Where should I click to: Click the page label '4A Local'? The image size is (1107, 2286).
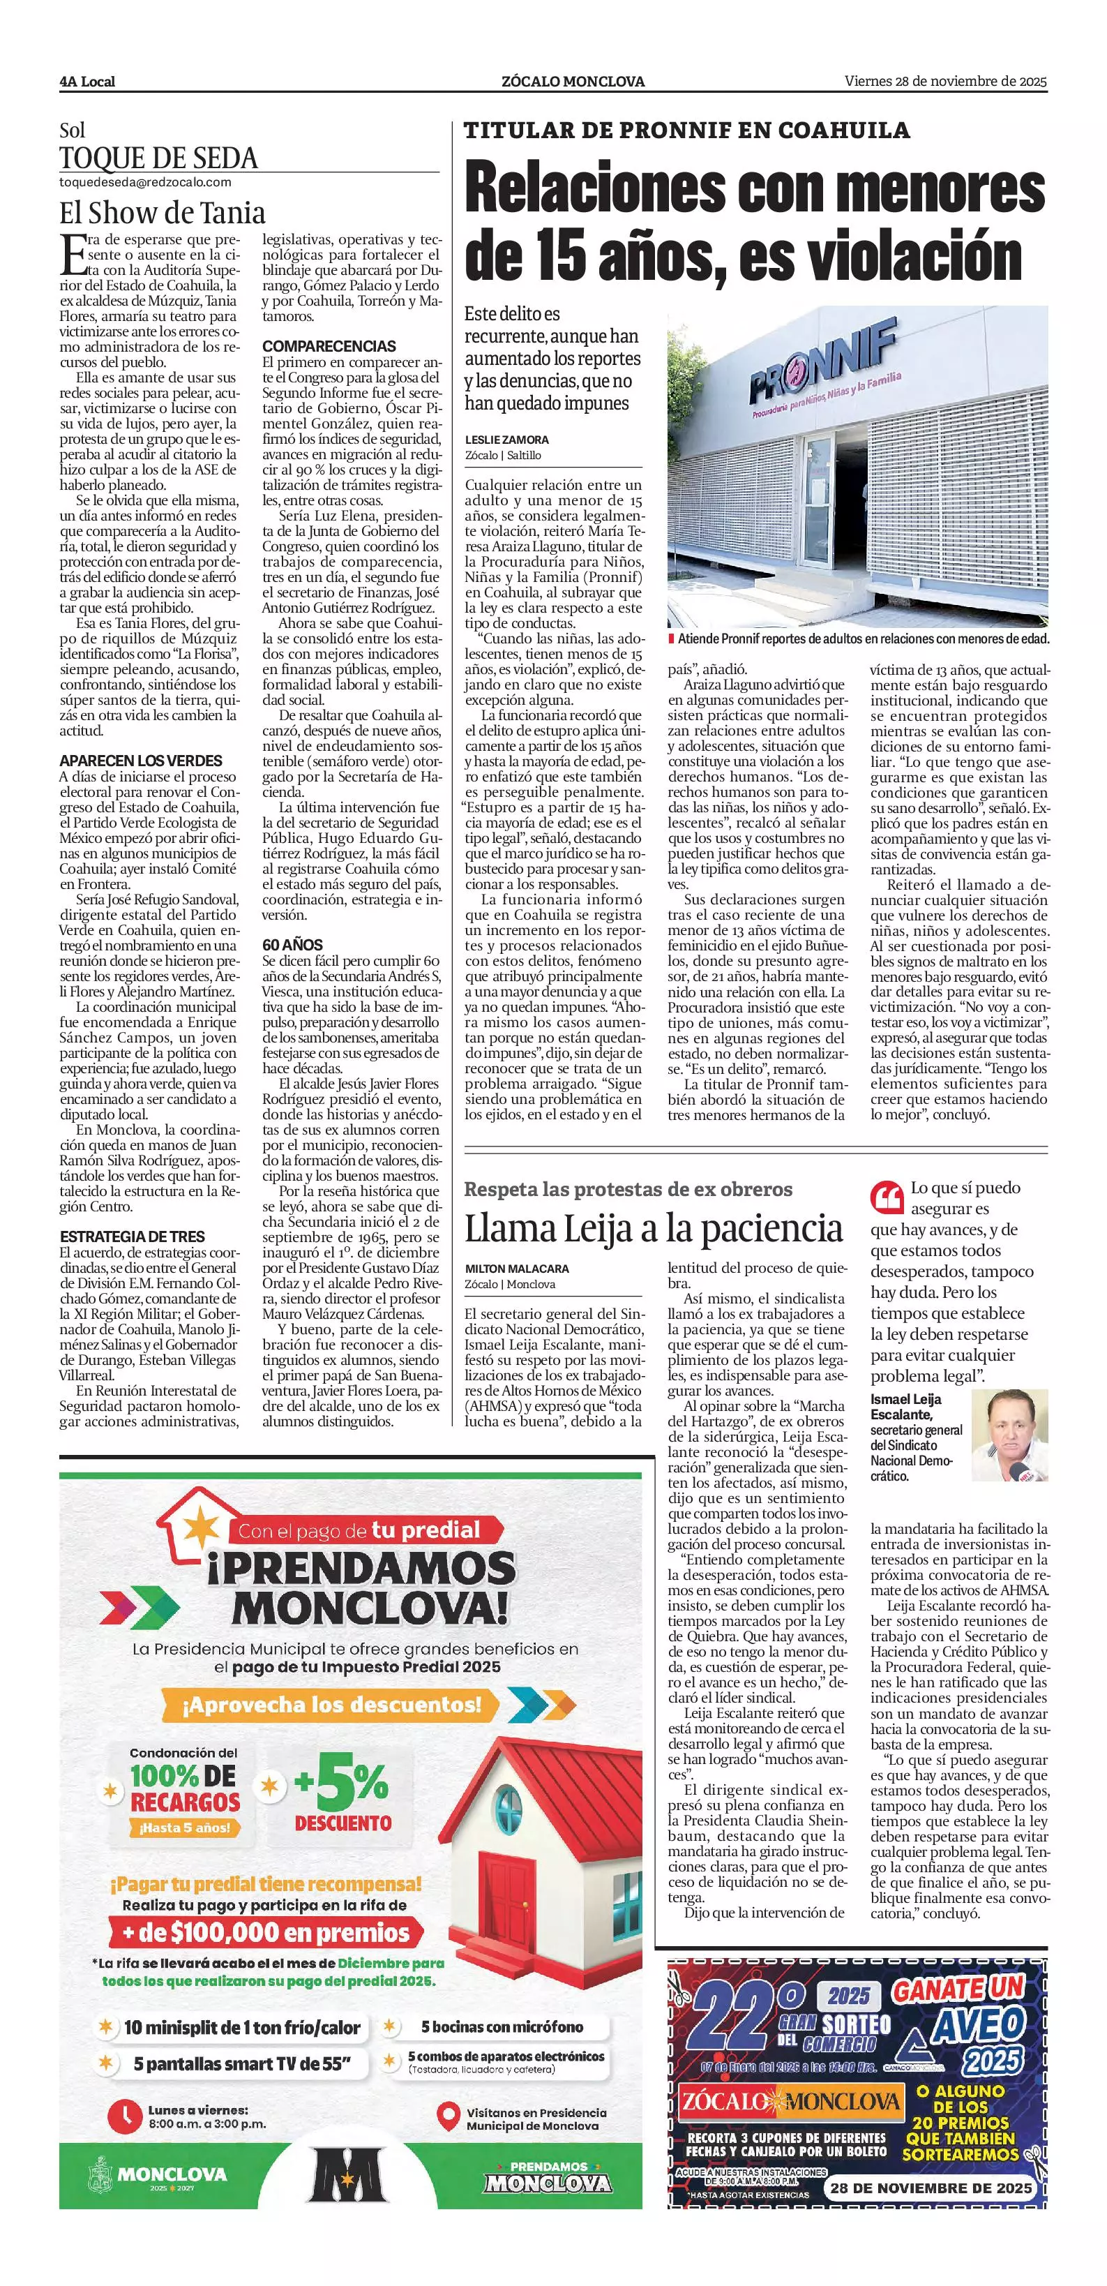click(x=87, y=82)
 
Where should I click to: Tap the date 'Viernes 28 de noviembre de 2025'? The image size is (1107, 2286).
click(x=946, y=81)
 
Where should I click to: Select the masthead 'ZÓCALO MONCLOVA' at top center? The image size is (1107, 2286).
click(x=573, y=82)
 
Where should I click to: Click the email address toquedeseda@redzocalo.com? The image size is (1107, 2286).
click(x=146, y=182)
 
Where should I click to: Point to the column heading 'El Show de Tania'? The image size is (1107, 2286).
click(x=163, y=213)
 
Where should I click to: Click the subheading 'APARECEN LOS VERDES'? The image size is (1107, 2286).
click(x=141, y=761)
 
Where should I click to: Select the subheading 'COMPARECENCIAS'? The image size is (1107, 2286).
click(x=329, y=346)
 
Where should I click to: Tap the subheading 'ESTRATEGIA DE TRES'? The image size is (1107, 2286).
click(x=132, y=1237)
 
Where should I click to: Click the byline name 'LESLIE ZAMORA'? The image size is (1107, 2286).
click(x=506, y=440)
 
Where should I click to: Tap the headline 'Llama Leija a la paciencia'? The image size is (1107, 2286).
click(x=653, y=1229)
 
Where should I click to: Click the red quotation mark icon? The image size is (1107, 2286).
click(x=887, y=1197)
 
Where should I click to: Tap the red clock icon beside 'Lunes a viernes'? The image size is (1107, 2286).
click(x=124, y=2116)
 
